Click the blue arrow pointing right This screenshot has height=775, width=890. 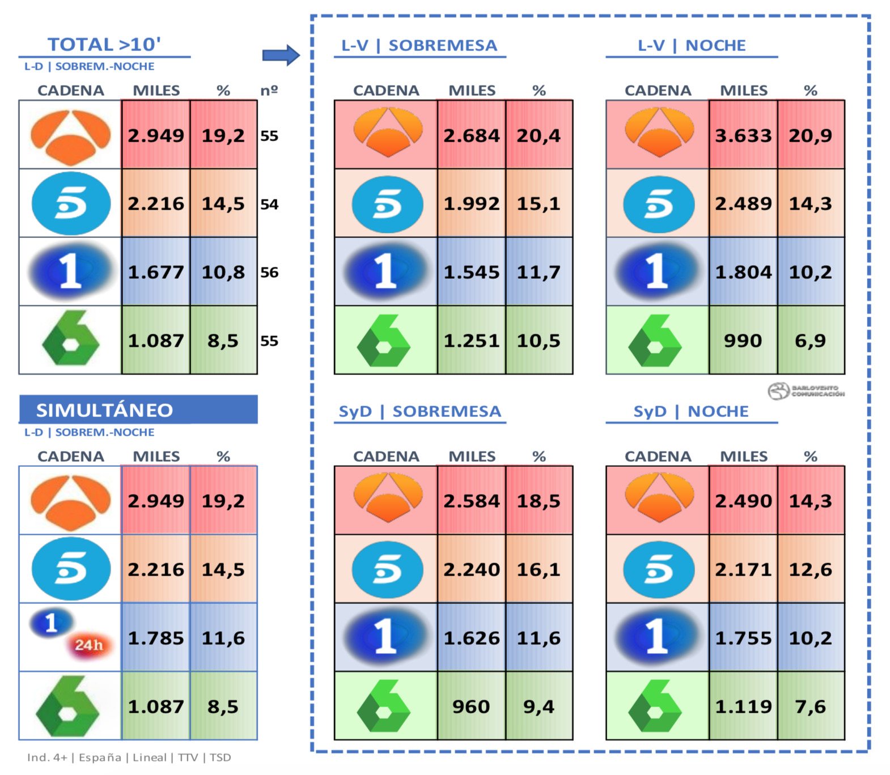click(x=281, y=56)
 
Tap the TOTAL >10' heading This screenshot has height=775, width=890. click(x=104, y=44)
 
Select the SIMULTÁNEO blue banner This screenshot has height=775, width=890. click(x=138, y=410)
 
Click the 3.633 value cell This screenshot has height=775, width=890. click(x=743, y=135)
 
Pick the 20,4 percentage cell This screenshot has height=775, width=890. click(x=539, y=135)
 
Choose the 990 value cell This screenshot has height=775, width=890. click(x=743, y=340)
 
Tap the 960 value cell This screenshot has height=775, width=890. click(x=471, y=706)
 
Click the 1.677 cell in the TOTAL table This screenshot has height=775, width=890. click(x=156, y=272)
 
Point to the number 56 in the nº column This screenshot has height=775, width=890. click(x=269, y=272)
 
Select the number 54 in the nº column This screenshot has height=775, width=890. click(x=269, y=204)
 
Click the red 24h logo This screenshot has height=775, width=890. click(x=89, y=645)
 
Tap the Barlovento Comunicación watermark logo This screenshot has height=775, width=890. click(x=806, y=391)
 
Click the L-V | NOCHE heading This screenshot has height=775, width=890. click(x=692, y=45)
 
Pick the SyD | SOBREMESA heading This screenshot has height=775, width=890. click(x=419, y=411)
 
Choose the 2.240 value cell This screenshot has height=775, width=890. click(x=471, y=569)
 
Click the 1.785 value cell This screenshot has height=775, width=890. click(x=156, y=638)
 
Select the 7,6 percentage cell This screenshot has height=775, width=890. click(x=810, y=706)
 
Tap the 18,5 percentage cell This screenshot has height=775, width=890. click(x=539, y=501)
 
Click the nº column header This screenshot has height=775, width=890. click(x=269, y=91)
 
